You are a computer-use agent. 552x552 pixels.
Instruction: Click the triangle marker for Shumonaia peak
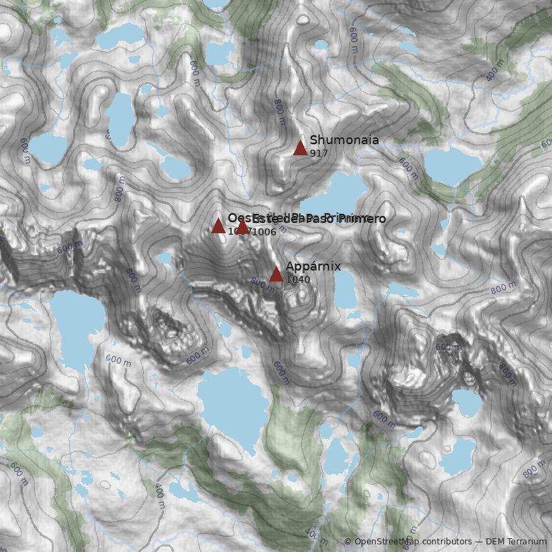300,148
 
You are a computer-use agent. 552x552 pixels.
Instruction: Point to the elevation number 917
319,153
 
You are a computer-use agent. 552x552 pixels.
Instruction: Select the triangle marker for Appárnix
276,274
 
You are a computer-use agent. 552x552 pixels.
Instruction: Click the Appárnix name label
313,266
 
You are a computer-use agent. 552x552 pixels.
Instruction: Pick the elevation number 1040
297,279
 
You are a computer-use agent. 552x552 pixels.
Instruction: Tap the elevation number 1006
264,232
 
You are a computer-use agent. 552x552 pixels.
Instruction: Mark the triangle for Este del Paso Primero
242,226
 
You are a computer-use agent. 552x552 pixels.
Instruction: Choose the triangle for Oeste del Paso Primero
218,226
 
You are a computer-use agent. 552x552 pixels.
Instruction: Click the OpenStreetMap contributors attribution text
406,542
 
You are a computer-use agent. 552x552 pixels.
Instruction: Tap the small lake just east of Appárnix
344,290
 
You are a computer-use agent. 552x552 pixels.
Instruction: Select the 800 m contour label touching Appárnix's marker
262,282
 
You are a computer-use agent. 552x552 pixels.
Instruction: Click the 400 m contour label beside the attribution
317,536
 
